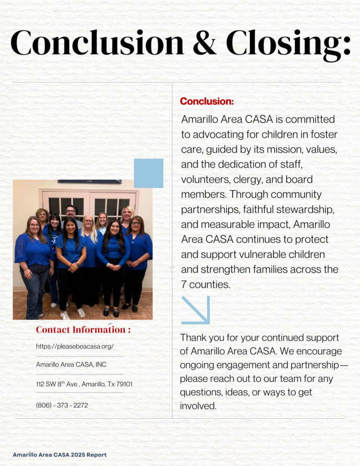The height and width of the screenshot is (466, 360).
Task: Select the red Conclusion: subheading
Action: pos(207,101)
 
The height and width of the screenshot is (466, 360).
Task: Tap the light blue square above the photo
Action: pos(148,173)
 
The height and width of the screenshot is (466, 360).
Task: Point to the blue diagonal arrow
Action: pos(196,310)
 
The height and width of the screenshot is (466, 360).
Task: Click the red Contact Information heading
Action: pos(83,329)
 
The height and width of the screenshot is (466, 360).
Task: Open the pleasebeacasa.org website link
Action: pos(75,346)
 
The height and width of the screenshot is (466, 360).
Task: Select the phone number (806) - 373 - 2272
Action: pos(62,405)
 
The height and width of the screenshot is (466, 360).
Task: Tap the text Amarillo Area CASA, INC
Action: pos(71,365)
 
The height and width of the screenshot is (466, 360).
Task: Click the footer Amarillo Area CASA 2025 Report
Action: pos(60,455)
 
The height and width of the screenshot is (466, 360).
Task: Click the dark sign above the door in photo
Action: pos(90,181)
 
